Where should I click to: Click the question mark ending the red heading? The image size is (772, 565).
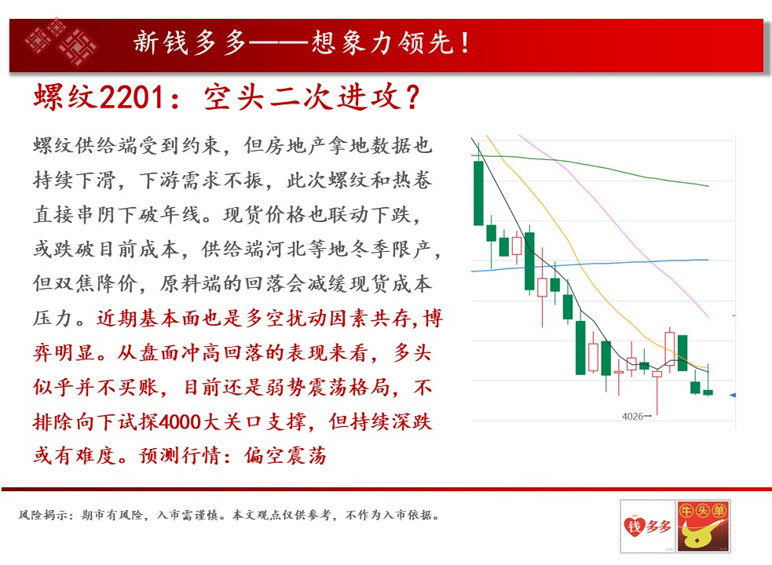tap(412, 97)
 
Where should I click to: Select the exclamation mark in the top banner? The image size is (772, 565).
tap(465, 42)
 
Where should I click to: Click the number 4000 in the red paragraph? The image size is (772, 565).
tap(180, 421)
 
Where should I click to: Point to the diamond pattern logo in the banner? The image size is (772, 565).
tap(60, 42)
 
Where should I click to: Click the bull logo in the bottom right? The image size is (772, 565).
tap(703, 526)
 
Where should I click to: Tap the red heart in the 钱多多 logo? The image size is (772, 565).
tap(634, 527)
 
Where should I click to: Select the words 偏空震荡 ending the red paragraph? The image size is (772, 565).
tap(286, 456)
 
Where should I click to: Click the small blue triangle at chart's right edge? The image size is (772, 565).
tap(733, 395)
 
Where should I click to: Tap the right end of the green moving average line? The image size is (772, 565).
tap(708, 186)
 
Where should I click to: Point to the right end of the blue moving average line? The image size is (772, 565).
tap(708, 260)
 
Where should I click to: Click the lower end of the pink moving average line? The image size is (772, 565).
tap(708, 317)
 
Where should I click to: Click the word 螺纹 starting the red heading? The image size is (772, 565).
tap(65, 97)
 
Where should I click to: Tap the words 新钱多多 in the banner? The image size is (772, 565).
tap(189, 42)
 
